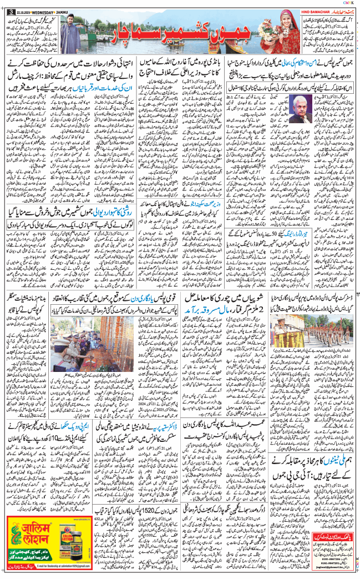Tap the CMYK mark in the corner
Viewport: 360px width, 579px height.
point(349,2)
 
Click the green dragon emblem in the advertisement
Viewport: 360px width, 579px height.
point(14,543)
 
